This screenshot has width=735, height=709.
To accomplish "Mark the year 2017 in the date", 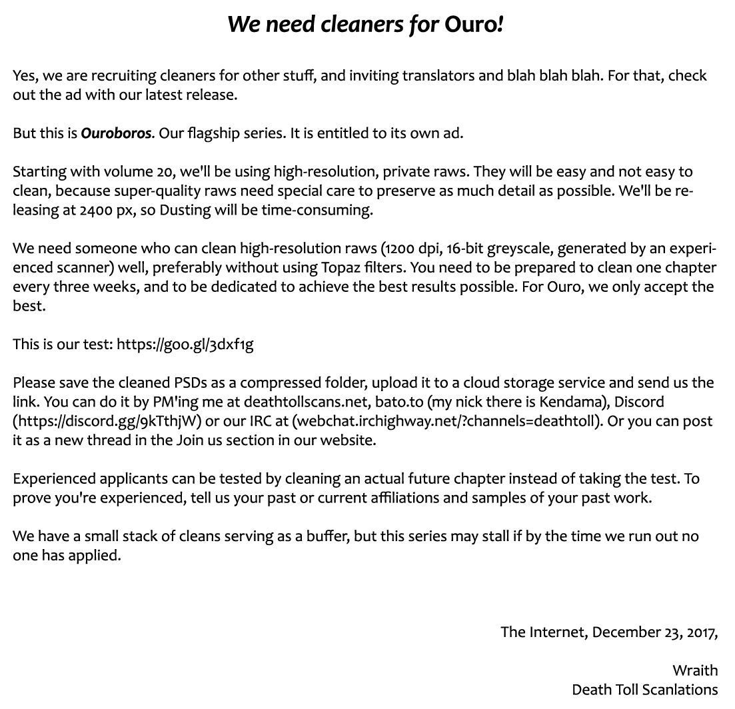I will tap(700, 632).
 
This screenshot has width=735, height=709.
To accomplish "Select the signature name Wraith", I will tap(695, 670).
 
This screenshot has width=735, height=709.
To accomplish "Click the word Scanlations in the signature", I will tap(681, 690).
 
